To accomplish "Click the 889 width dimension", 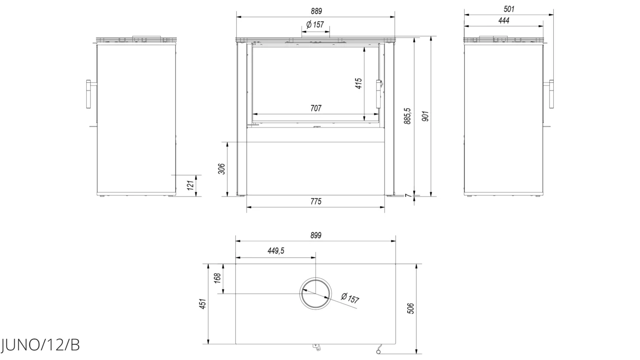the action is (x=316, y=11).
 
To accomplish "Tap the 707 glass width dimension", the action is (x=316, y=108).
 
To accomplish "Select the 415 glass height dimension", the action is (x=358, y=83).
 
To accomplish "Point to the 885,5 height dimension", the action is (x=408, y=116).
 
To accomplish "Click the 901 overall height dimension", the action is (x=425, y=116).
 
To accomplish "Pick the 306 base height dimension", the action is (x=222, y=169).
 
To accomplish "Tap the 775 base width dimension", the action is (x=316, y=201).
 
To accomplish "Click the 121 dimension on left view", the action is (x=191, y=185).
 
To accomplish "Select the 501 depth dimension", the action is (x=509, y=9).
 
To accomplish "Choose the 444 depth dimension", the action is (x=504, y=21).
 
